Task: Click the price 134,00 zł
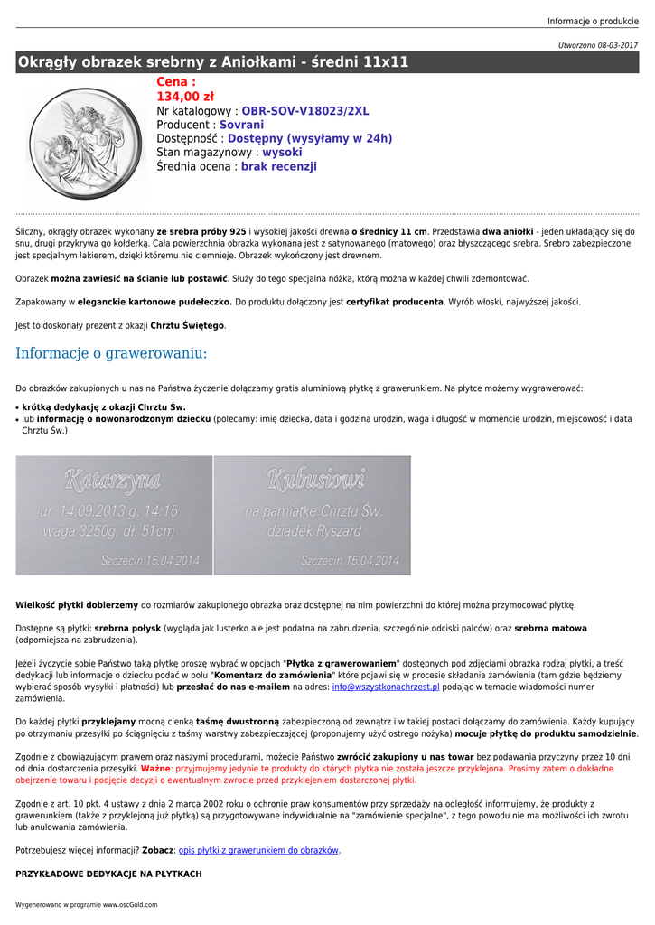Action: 185,97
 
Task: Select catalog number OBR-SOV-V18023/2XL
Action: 304,111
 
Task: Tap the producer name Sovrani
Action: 241,125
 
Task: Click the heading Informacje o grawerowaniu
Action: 111,353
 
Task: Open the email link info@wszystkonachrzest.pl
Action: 386,687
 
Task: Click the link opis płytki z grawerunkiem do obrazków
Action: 258,850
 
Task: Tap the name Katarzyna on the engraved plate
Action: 113,481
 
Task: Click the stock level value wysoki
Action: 282,153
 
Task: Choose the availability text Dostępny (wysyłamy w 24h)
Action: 310,139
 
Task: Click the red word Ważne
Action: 155,768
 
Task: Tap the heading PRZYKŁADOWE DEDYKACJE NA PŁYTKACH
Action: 108,874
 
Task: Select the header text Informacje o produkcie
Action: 592,22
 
